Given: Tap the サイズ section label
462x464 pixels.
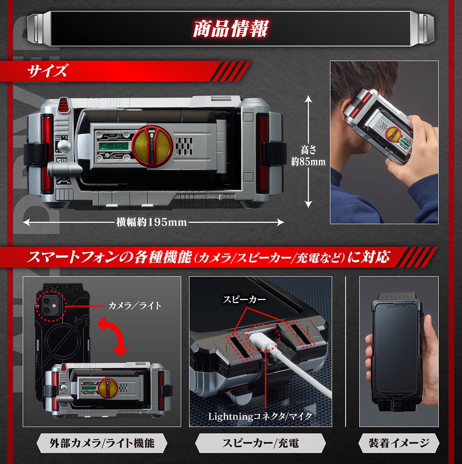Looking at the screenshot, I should click(x=47, y=71).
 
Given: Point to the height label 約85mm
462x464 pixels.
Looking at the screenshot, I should click(x=308, y=161).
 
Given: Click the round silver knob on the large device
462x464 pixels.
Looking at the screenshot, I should click(x=64, y=146).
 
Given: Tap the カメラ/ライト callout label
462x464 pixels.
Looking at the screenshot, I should click(x=134, y=306).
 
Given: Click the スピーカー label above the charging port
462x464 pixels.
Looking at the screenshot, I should click(x=244, y=299).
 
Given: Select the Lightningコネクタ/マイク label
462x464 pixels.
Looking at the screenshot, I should click(x=260, y=416).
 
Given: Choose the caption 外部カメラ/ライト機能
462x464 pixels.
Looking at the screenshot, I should click(x=102, y=443).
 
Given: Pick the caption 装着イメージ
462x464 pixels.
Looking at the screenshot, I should click(x=399, y=443).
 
